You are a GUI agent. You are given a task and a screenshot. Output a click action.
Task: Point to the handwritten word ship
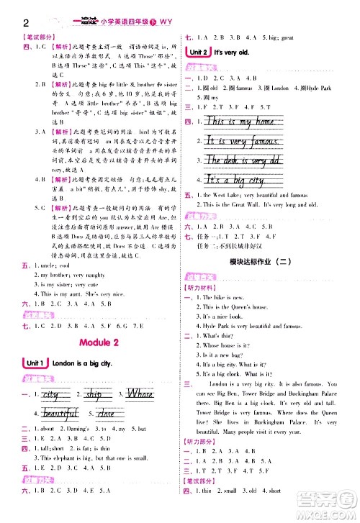pyautogui.click(x=94, y=395)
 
